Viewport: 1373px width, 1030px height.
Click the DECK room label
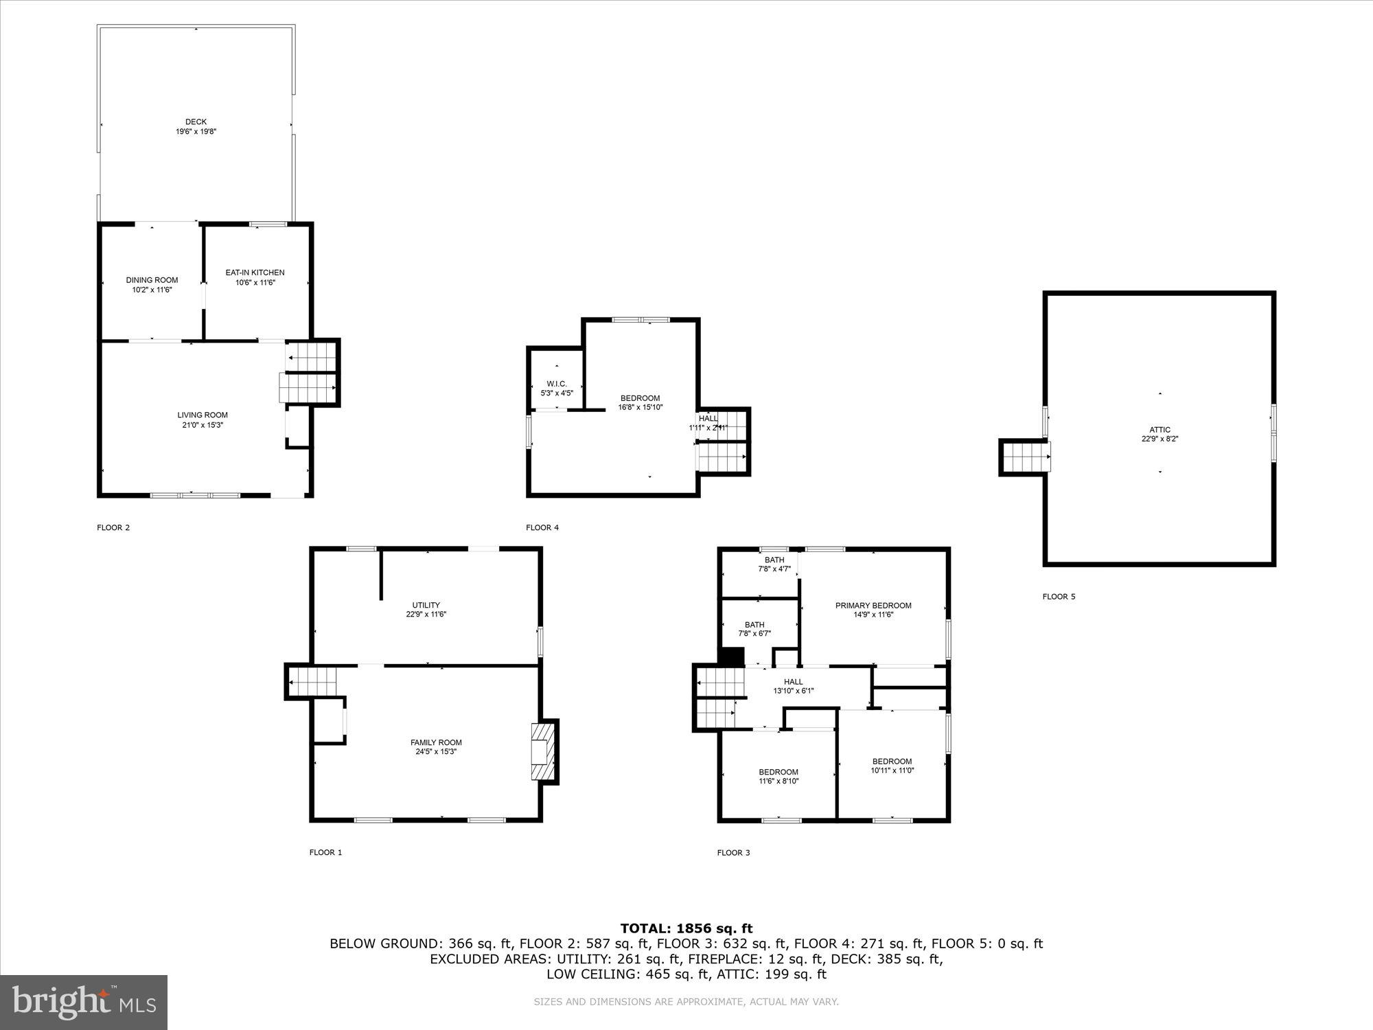(196, 122)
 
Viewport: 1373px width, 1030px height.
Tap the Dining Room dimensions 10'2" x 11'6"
(152, 290)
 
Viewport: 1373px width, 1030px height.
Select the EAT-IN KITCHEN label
(255, 273)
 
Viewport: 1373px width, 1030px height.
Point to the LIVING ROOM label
(203, 415)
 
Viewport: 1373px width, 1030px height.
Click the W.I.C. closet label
(556, 384)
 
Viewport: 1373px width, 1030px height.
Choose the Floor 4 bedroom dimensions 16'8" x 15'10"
(640, 407)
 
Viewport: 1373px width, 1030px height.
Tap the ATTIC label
(1159, 430)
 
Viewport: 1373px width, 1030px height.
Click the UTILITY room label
(426, 605)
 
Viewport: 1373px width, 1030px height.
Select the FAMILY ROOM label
(436, 742)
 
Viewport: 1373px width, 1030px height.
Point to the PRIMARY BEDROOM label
(873, 606)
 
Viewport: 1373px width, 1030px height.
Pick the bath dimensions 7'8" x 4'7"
(774, 569)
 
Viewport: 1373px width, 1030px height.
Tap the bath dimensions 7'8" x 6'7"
(754, 634)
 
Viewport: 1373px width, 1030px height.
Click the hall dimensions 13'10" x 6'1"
(793, 691)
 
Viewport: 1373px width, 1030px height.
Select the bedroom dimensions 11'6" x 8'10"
(778, 781)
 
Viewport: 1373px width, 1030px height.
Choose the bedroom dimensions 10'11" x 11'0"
(892, 770)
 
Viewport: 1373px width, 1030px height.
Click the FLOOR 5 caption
(1059, 597)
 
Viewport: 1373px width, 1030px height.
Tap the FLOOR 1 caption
(325, 852)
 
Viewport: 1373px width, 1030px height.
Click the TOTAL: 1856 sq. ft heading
(686, 929)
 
